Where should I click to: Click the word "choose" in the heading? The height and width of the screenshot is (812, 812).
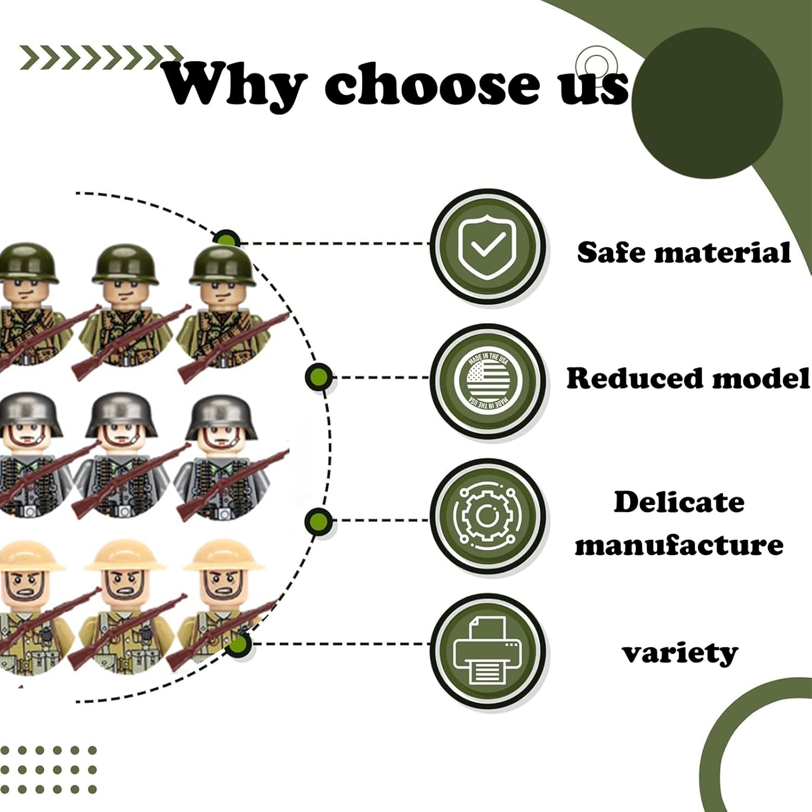click(431, 84)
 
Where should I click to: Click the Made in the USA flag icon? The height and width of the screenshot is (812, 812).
click(487, 380)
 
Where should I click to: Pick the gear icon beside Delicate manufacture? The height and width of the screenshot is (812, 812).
click(487, 516)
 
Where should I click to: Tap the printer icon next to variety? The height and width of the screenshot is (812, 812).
click(487, 651)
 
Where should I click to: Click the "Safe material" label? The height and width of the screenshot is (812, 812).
click(684, 253)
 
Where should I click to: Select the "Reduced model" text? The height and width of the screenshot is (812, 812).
click(687, 378)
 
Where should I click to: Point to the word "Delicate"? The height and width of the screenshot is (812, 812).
click(679, 502)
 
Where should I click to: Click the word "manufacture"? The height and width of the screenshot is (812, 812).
click(679, 545)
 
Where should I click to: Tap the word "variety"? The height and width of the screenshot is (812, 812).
click(679, 653)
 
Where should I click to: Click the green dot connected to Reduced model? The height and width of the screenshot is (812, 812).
click(318, 377)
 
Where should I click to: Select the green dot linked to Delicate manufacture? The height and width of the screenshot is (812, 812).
click(318, 521)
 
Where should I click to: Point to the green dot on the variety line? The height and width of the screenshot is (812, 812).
click(239, 644)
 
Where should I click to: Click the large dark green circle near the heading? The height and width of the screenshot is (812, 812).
click(706, 103)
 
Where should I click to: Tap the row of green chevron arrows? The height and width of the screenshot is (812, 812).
click(100, 58)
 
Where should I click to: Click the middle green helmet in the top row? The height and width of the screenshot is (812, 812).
click(126, 264)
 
